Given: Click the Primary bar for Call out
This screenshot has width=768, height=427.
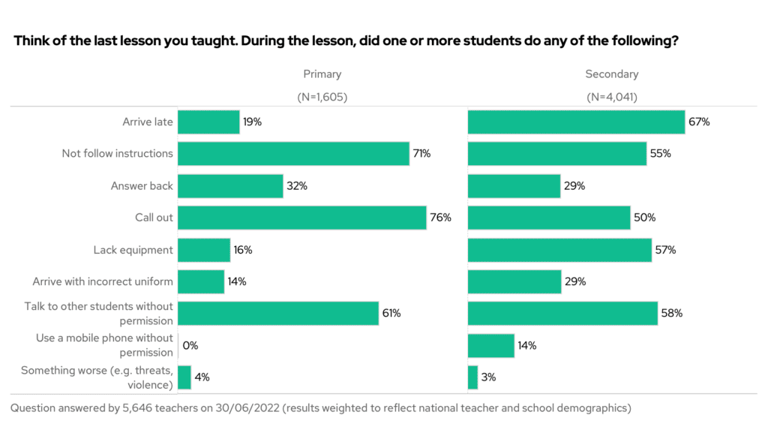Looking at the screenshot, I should click(x=301, y=218).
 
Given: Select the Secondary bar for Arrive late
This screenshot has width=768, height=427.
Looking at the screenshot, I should click(x=576, y=122).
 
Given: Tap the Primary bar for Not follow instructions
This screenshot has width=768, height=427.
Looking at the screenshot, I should click(x=293, y=154).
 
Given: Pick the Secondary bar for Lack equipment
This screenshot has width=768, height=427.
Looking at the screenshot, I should click(x=559, y=250).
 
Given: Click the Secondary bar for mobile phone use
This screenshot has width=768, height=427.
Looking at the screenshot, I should click(x=490, y=346).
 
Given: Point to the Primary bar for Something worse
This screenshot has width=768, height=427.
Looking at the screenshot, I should click(x=184, y=377).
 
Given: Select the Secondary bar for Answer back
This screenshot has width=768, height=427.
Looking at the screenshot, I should click(x=514, y=185).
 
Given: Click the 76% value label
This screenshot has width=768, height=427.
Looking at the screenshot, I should click(x=441, y=218).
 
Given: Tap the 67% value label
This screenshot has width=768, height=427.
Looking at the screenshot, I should click(x=699, y=122).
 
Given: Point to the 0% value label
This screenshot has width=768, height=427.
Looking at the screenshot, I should click(x=190, y=346).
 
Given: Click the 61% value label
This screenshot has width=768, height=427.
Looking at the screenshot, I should click(x=391, y=314).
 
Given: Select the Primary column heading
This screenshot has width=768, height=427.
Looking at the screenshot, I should click(x=322, y=74).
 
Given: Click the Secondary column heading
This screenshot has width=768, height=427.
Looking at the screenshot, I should click(x=612, y=74).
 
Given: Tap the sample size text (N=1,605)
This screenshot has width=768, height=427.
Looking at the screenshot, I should click(x=322, y=97).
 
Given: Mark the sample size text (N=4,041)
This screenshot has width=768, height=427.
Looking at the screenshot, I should click(x=612, y=97).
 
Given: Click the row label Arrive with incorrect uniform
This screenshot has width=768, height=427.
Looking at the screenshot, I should click(x=103, y=282).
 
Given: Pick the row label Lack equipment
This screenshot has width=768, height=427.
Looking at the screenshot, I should click(x=133, y=250).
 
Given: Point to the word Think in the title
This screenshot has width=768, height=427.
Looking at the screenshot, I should click(x=31, y=42).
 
